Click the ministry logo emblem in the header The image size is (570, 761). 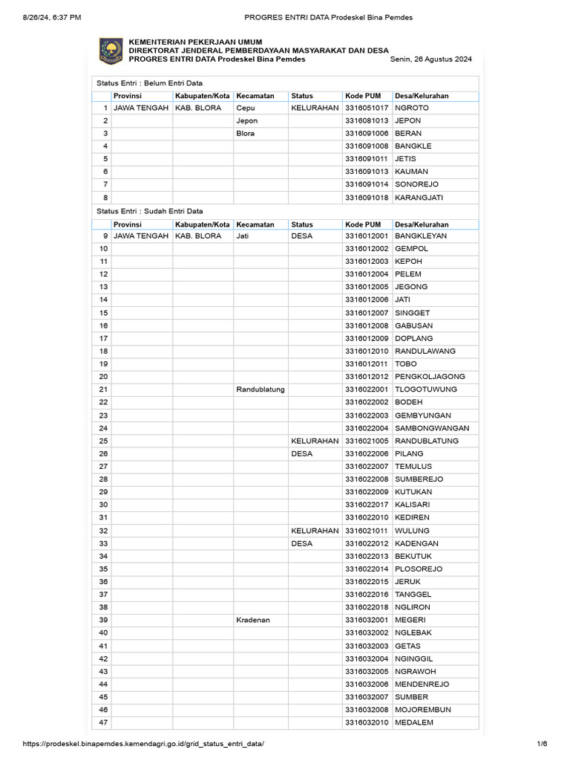[111, 51]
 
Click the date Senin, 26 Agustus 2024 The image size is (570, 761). [430, 59]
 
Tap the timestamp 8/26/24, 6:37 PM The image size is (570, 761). [44, 17]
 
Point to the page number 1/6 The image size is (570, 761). [542, 744]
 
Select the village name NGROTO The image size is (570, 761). [412, 108]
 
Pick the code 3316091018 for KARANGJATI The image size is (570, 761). [367, 197]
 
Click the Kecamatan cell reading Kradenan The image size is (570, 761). [253, 620]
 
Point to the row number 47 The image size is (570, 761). [103, 722]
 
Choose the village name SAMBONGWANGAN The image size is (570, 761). [432, 428]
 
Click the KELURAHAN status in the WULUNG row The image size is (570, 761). [315, 531]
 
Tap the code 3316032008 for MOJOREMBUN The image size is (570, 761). [367, 710]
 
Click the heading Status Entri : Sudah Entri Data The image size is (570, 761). [150, 211]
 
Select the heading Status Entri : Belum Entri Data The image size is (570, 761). [150, 83]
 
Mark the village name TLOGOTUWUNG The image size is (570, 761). [426, 389]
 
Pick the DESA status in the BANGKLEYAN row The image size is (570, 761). [302, 236]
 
